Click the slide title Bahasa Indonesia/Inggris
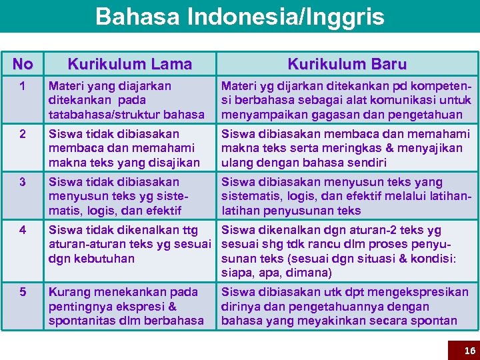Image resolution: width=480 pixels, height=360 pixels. point(239,16)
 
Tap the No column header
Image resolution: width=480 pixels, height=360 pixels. point(23,64)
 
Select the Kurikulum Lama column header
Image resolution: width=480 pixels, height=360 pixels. point(129,64)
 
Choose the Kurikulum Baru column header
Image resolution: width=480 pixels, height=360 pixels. point(347,64)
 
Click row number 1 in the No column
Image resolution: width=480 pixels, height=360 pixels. point(23,86)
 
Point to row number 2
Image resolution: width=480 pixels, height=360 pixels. point(23,134)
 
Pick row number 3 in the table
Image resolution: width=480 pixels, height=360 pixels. point(23,182)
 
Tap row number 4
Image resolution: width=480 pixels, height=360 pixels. point(23,230)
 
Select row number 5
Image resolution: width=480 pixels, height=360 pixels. point(23,292)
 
